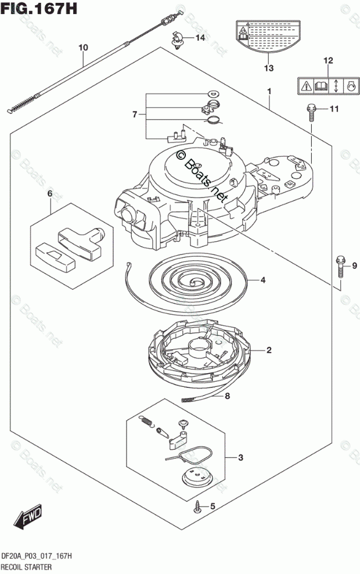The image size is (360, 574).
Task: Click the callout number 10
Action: pos(83,47)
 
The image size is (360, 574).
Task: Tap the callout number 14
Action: pos(200,38)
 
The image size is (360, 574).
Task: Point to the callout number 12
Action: pos(328,60)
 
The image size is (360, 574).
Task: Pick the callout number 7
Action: pos(134,114)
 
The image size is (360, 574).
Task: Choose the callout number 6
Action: pos(50,193)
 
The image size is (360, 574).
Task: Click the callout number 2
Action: pos(269,350)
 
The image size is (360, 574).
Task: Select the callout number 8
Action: pos(227,397)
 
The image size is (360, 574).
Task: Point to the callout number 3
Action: pos(241,458)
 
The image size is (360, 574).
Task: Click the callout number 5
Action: pos(212,507)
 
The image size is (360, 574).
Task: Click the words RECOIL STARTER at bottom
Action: pos(28,566)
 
